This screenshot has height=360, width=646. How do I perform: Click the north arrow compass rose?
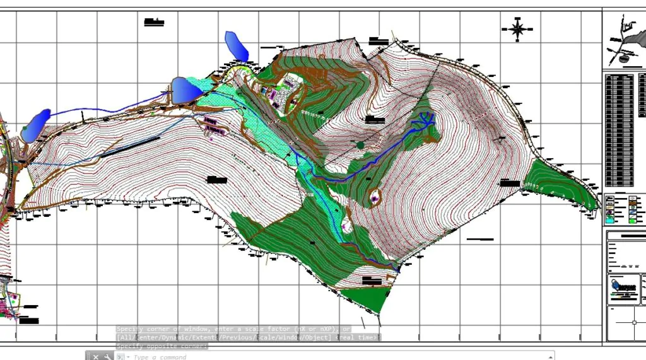coord(517,28)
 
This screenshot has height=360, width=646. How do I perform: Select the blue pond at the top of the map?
coord(236,46)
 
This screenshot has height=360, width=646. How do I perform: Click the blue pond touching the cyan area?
coord(186,90)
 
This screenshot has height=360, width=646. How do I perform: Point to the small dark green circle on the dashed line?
coord(360,145)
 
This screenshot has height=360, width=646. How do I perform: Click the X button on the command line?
coord(96,357)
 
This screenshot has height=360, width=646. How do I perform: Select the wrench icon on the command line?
coord(107,357)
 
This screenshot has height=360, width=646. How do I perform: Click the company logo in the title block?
coord(624,287)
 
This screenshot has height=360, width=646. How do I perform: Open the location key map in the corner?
coord(625,39)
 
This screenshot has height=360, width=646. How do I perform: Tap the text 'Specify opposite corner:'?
coord(161,346)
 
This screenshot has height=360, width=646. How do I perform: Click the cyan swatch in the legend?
coord(611,221)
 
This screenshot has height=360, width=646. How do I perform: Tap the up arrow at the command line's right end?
coord(549,357)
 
